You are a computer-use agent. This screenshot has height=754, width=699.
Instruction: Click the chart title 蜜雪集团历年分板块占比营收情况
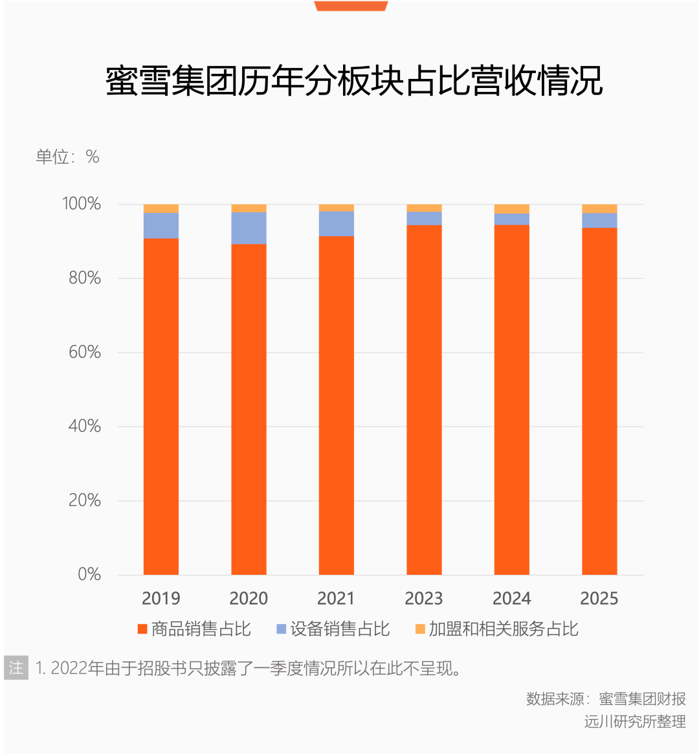pos(354,81)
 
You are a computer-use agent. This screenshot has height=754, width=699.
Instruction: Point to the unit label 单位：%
pos(67,157)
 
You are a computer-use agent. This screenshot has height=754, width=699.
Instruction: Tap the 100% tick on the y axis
pos(82,204)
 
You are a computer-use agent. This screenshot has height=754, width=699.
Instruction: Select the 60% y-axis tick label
pos(85,352)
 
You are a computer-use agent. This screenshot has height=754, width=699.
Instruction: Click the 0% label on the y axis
pos(89,574)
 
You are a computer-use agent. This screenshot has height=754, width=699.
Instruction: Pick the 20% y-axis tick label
pos(85,500)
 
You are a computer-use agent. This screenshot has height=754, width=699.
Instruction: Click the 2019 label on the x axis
pos(161,598)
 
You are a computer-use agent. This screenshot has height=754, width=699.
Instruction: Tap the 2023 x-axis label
pos(424,598)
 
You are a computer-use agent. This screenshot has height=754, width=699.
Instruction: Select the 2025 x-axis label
pos(599,598)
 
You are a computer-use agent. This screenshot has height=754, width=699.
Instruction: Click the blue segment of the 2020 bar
pos(249,228)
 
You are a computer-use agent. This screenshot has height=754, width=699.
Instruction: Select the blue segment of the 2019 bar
pos(161,226)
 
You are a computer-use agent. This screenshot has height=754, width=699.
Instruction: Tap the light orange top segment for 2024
pos(512,208)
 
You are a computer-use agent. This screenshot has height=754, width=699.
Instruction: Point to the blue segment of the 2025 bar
pos(599,221)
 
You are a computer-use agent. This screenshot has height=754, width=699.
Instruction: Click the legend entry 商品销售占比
pos(194,629)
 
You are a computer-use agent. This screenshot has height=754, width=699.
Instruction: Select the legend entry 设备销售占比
pos(333,629)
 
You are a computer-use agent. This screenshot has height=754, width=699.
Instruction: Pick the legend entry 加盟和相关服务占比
pos(496,629)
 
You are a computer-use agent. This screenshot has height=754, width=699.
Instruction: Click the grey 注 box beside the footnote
pos(16,668)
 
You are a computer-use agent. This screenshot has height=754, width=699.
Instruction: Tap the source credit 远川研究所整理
pos(635,722)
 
